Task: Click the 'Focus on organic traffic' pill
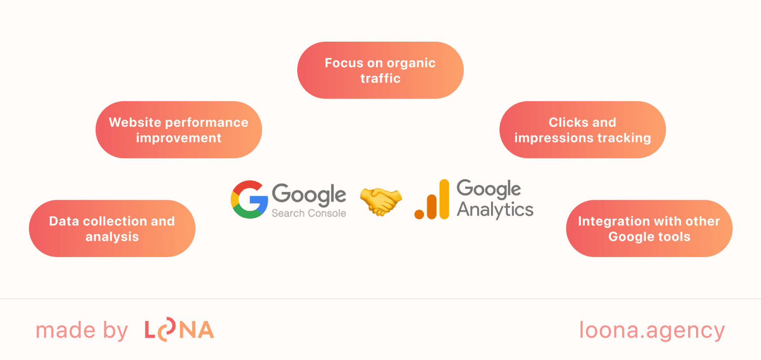(x=380, y=70)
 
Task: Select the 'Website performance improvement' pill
(x=179, y=130)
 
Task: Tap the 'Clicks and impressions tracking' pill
(x=582, y=130)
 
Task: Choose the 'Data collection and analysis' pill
(x=112, y=228)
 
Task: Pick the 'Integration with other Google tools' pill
(x=649, y=228)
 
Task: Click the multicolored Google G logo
(x=249, y=200)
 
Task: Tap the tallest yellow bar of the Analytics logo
(x=444, y=199)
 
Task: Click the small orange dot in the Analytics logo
(x=419, y=214)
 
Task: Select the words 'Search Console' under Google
(x=308, y=214)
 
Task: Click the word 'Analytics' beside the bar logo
(x=495, y=210)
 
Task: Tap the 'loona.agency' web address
(x=652, y=330)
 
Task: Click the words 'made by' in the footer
(x=81, y=331)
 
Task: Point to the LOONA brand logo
(x=179, y=330)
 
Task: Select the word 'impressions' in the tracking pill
(x=553, y=138)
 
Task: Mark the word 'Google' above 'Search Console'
(x=309, y=194)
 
